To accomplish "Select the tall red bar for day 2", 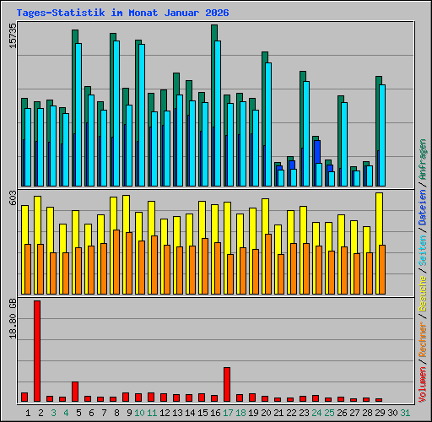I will [x=37, y=350].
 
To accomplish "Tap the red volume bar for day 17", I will [x=227, y=384].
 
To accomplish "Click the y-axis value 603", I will [x=11, y=197].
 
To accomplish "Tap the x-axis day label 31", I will [x=405, y=412].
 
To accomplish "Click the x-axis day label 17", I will [x=228, y=412].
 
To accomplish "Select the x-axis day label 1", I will [x=28, y=412].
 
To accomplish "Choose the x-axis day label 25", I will [x=329, y=412].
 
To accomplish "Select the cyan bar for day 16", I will [x=218, y=113].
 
